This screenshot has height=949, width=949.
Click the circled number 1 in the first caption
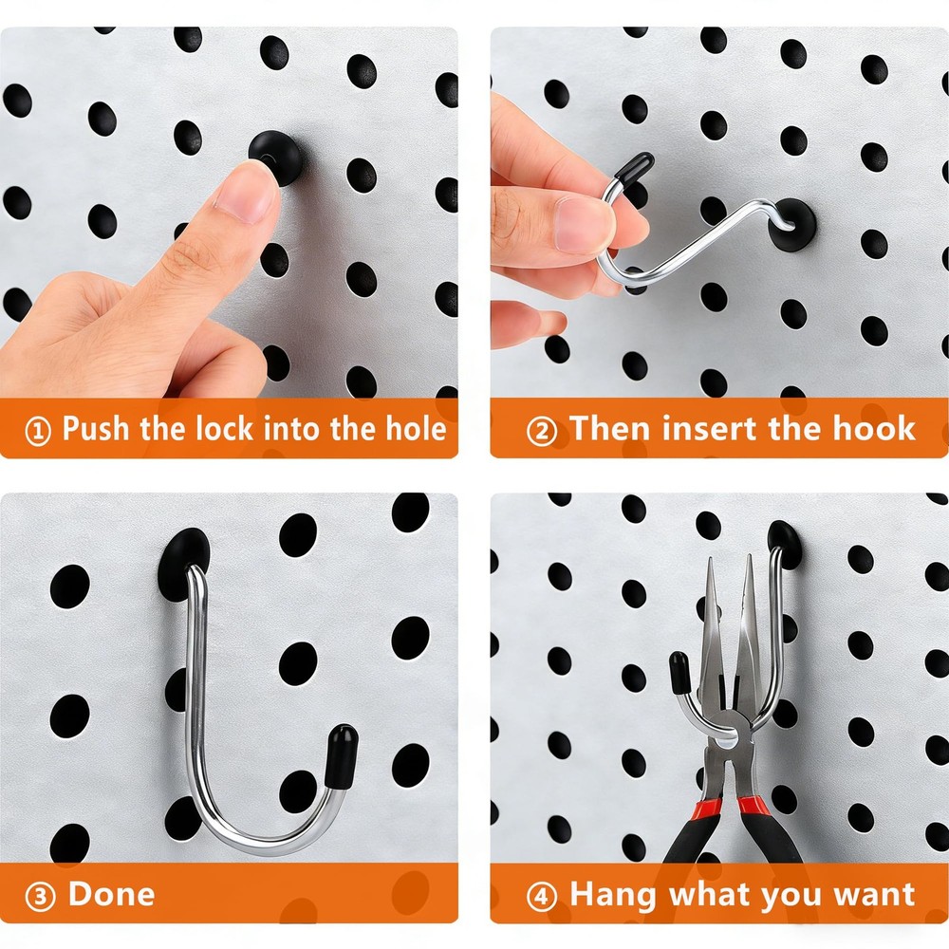[x=38, y=432]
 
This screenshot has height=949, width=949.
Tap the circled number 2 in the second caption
[x=541, y=432]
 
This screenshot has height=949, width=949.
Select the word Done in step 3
[x=111, y=895]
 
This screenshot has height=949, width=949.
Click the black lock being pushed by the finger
[x=276, y=155]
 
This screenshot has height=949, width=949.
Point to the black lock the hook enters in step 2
[x=792, y=225]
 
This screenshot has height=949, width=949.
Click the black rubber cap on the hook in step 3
[x=341, y=755]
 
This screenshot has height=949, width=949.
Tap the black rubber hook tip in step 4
[x=679, y=673]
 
